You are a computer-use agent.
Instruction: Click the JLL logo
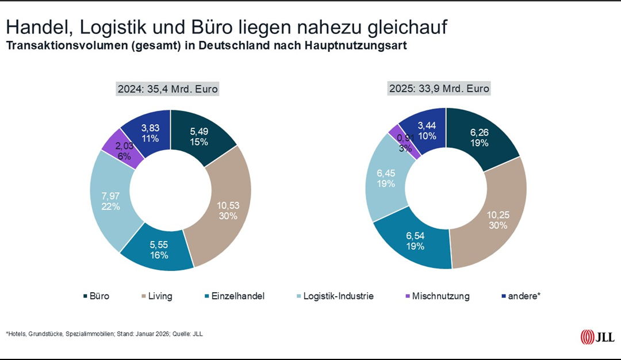click(597, 336)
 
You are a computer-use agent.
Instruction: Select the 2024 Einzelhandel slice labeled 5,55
click(159, 249)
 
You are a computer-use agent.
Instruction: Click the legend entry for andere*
click(519, 296)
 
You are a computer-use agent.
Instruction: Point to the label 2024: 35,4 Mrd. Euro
click(168, 89)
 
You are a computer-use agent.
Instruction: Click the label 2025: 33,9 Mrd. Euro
click(439, 89)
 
